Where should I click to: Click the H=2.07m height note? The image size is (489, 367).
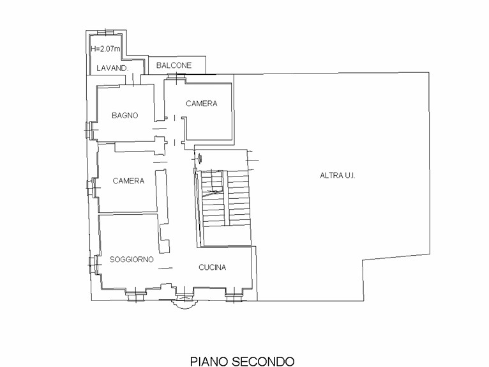point(105,49)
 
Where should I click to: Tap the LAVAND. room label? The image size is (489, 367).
point(112,68)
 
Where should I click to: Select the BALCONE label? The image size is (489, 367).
point(174,65)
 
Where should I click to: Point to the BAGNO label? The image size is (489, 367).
point(124,116)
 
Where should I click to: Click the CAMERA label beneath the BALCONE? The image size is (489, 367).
point(202,104)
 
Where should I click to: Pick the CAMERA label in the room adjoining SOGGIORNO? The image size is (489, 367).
point(128,181)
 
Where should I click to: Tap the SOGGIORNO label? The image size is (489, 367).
point(132,259)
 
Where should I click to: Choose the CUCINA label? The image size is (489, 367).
point(213,267)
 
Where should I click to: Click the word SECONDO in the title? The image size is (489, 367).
point(264,361)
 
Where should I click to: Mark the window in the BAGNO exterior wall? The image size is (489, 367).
point(89,130)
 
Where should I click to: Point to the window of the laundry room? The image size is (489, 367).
point(106,33)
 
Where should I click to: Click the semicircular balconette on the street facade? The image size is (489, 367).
point(184,304)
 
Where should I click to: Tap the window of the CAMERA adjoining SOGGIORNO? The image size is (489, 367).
point(92,187)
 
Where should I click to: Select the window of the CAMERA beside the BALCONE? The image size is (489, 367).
point(176,77)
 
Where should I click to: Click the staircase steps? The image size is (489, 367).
point(225,198)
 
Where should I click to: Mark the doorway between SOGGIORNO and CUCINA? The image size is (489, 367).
point(165,268)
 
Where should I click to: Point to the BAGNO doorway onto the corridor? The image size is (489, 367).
point(160,129)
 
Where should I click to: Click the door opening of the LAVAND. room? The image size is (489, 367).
point(133,79)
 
